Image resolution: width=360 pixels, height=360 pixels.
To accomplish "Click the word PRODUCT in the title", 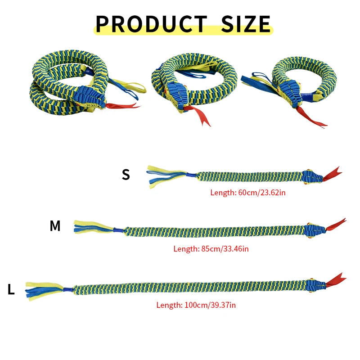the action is point(151,24).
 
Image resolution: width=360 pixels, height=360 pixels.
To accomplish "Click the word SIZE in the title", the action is point(246,24).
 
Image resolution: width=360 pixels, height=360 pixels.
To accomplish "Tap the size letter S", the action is point(126,175).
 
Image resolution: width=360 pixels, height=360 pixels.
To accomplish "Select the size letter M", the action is point(55,226).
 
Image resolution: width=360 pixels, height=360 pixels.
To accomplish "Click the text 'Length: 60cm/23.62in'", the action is point(248,193).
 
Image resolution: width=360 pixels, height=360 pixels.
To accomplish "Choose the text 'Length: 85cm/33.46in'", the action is point(211,249).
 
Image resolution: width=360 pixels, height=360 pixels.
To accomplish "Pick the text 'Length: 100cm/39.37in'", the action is point(196,305).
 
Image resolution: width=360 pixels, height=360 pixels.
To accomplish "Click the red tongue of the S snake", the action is point(332,174).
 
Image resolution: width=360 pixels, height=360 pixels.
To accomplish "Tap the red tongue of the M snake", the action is point(336,225).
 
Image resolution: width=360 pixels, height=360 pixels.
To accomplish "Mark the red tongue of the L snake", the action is point(336,280).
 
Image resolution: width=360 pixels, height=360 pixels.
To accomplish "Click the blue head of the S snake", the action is point(312,177).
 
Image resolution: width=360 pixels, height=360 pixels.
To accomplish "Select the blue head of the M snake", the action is point(315,230).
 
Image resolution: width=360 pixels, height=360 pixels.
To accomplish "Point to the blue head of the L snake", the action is point(316,286).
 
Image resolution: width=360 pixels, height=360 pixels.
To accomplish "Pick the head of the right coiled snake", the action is point(290,93).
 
